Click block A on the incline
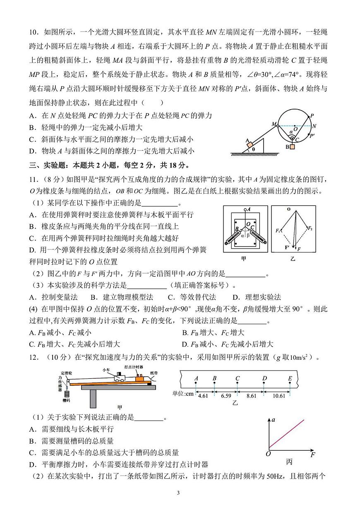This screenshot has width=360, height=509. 250,143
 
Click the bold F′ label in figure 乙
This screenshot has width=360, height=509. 287,248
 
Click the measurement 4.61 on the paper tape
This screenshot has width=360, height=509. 203,396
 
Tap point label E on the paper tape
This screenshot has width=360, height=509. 290,378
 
